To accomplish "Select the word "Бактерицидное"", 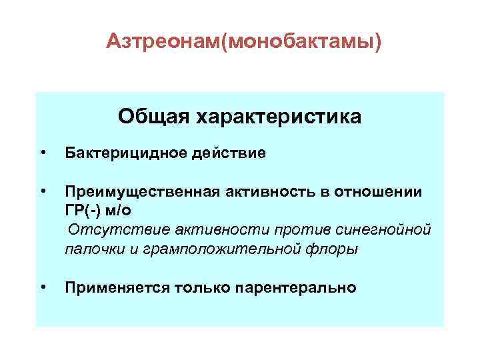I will [123, 154].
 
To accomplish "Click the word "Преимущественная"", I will [139, 192].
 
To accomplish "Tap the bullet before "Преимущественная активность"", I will [43, 192].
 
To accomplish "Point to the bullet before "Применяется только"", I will [43, 287].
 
